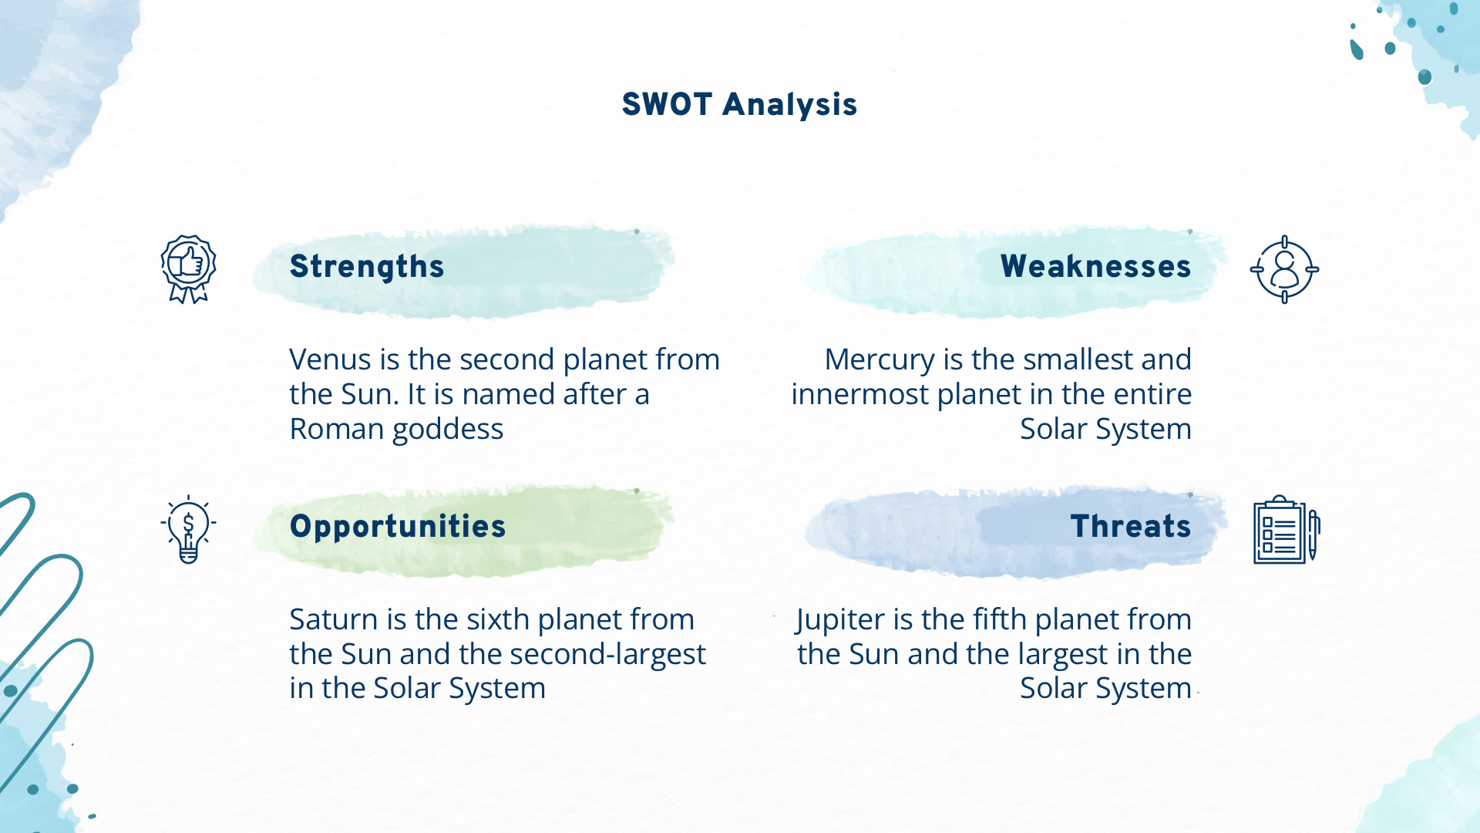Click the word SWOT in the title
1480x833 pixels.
tap(667, 104)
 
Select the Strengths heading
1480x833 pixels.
tap(367, 267)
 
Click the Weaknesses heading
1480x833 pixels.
tap(1095, 266)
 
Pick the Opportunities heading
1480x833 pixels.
tap(398, 527)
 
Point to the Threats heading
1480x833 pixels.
tap(1131, 526)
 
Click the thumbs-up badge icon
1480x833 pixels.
tap(188, 269)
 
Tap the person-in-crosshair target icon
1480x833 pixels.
tap(1284, 269)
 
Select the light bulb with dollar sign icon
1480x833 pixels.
tap(188, 529)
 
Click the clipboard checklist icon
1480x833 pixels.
tap(1287, 529)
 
